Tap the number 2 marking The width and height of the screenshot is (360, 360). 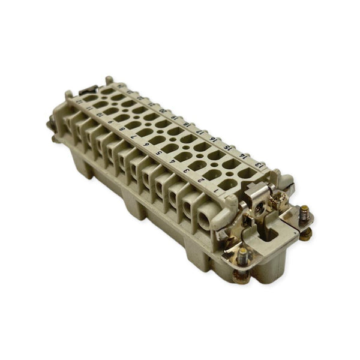pos(202,178)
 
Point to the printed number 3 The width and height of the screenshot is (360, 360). pos(187,170)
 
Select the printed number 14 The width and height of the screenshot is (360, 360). pos(243,155)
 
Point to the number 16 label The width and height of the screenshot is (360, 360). pos(214,140)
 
